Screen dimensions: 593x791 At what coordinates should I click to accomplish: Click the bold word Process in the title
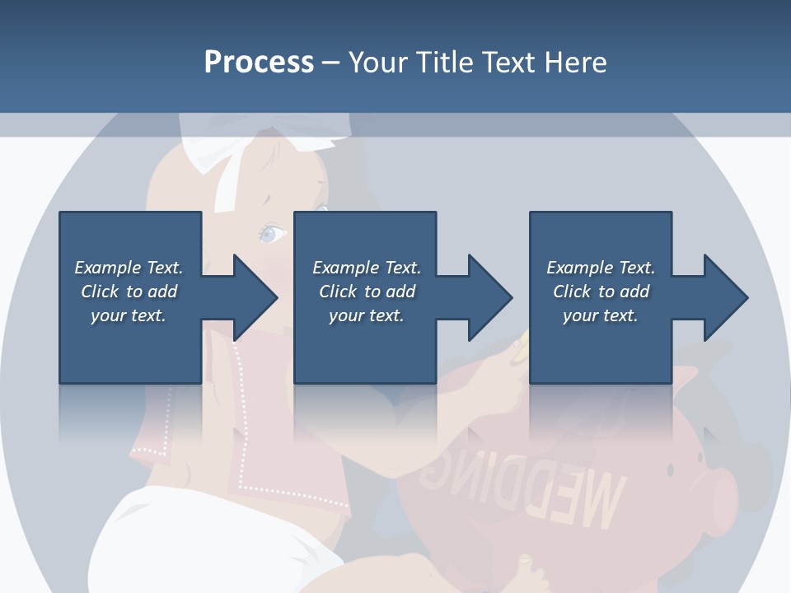pos(259,63)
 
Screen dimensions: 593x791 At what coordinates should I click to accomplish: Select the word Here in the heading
pos(576,63)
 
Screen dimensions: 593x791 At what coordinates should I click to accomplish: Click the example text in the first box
pos(129,292)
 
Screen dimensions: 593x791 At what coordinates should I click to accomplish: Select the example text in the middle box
pos(366,292)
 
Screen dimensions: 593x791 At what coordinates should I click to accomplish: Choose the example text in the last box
pos(601,292)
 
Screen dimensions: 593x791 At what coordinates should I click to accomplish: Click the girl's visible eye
pos(273,234)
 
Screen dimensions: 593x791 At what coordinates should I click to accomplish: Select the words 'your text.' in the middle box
pos(366,315)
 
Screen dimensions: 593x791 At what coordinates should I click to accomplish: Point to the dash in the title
pos(330,63)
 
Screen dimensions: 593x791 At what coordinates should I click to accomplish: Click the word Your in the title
pos(376,63)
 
